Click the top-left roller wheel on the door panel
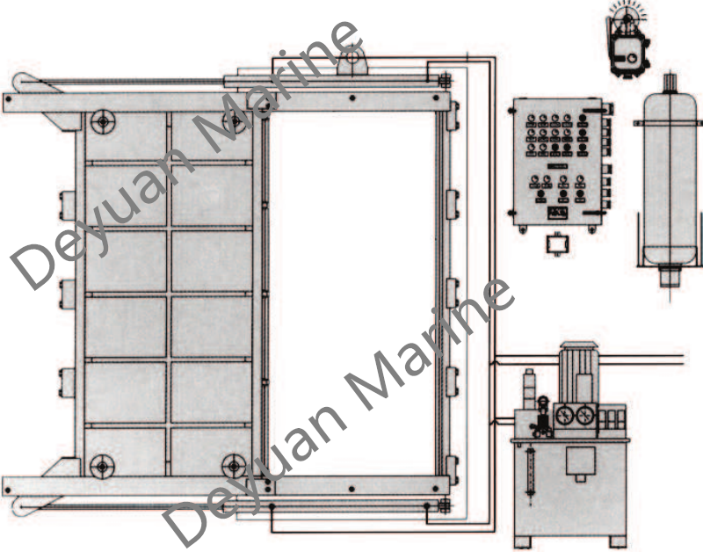click(103, 121)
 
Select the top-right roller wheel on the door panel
click(235, 121)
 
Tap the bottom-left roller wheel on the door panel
click(102, 467)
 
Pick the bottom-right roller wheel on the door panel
click(234, 467)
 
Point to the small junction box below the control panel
click(557, 245)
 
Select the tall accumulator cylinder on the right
click(670, 179)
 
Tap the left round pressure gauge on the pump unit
click(564, 417)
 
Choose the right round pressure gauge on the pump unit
click(585, 417)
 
